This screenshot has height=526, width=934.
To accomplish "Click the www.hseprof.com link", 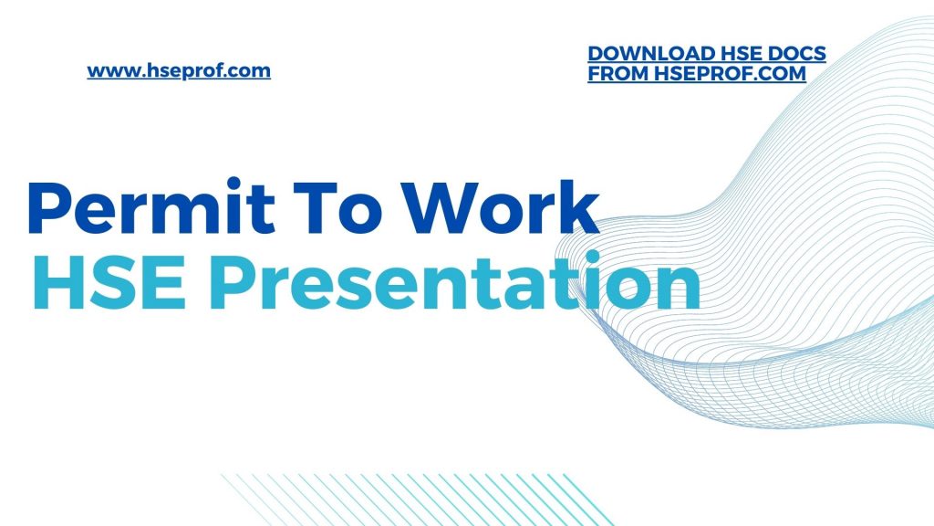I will [179, 70].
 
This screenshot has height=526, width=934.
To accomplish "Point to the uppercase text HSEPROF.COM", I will [730, 75].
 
